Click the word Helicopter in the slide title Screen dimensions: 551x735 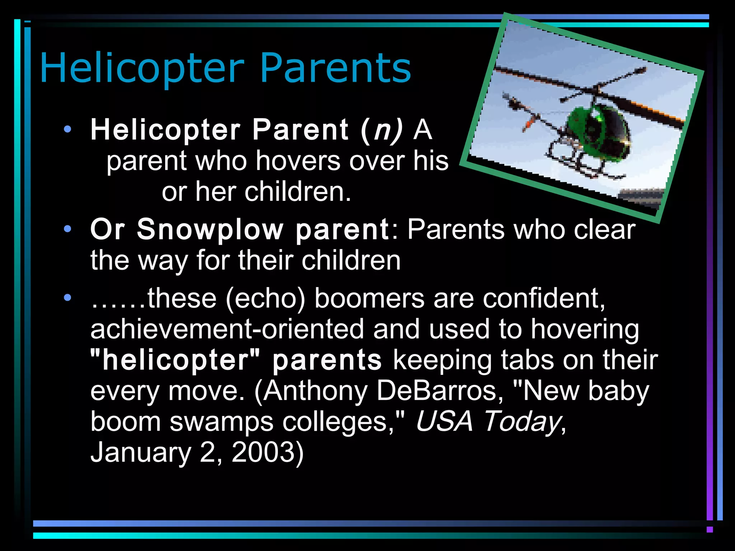click(142, 68)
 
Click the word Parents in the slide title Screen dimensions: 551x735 click(335, 68)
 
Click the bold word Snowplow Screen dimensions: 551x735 click(210, 229)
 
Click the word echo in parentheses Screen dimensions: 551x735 click(265, 298)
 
